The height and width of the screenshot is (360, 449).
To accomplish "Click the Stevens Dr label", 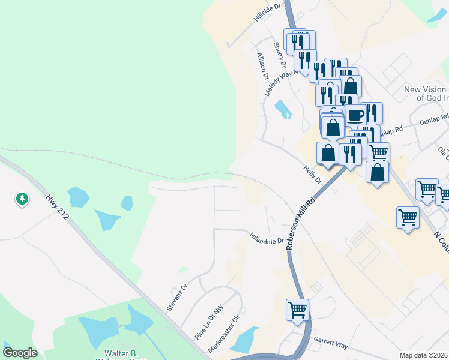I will point(177,297).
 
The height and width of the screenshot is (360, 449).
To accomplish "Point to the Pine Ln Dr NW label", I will point(204,325).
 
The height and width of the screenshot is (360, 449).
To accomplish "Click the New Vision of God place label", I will point(426,94).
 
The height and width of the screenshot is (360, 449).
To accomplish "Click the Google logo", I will point(20,353).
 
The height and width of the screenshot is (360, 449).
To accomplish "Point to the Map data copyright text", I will point(423,355).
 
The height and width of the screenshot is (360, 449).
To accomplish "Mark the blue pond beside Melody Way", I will point(282,109).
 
